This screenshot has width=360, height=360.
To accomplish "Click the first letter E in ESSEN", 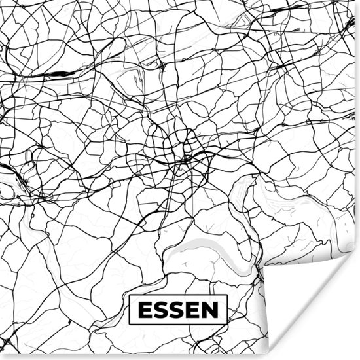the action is click(143, 309).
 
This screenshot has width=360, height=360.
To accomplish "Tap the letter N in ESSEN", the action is click(211, 309).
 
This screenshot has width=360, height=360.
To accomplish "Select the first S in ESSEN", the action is click(160, 309).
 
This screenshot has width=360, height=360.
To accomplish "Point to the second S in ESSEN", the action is click(177, 309).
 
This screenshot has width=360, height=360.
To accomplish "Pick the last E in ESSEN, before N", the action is click(194, 309).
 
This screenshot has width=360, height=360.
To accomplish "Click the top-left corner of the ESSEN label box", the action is click(130, 295).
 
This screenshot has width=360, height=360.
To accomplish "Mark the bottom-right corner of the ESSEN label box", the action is click(228, 324).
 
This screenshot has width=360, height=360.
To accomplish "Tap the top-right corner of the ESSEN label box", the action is click(228, 295).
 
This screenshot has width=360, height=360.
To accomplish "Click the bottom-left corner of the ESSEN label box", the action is click(130, 324).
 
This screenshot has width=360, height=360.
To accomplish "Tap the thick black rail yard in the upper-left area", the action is click(59, 73).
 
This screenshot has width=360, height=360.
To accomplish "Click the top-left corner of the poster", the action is click(1, 1).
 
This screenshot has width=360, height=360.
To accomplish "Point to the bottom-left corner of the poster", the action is click(1, 358).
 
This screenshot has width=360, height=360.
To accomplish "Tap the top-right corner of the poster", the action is click(358, 1).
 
